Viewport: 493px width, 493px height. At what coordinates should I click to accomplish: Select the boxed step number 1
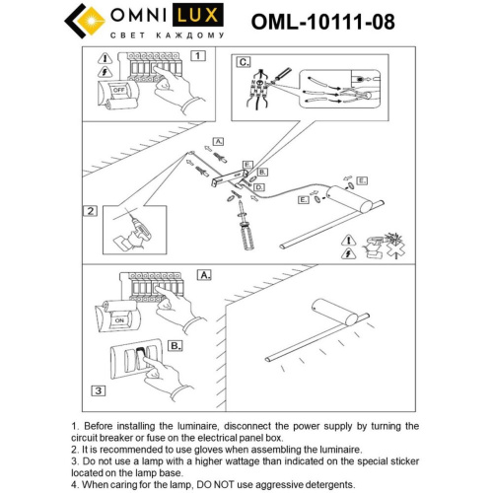click(198, 56)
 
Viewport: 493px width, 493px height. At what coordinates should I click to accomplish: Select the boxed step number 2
click(90, 210)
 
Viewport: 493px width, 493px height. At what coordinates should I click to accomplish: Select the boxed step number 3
click(97, 390)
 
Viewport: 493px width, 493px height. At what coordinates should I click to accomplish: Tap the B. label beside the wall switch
click(175, 346)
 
